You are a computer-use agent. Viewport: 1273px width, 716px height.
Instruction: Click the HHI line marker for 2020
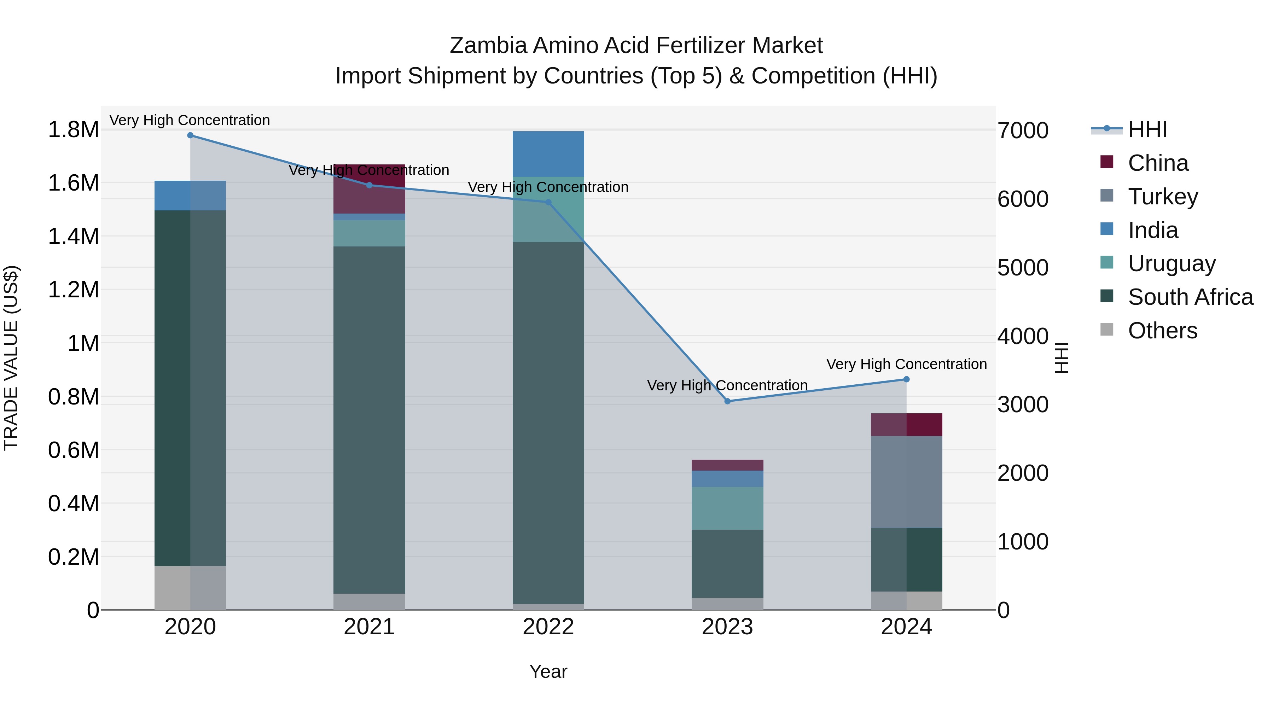[190, 135]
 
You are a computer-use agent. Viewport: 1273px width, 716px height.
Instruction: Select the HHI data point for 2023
[727, 401]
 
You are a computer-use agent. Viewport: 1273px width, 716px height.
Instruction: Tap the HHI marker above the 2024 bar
[906, 379]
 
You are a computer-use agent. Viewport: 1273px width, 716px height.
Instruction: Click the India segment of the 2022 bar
[548, 154]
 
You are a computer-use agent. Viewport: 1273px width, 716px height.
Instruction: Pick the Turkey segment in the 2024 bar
[906, 482]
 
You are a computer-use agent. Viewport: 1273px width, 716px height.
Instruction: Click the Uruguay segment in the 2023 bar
[727, 508]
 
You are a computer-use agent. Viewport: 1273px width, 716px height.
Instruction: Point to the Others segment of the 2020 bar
[190, 588]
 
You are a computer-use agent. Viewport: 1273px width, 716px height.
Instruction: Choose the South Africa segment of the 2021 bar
[369, 420]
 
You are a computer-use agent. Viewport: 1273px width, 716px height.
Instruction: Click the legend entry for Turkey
[1163, 197]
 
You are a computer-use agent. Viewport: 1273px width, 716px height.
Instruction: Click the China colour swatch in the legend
[1107, 162]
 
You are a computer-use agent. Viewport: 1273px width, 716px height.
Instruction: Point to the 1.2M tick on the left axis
[74, 290]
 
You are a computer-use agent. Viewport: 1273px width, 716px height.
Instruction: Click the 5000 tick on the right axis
[1022, 268]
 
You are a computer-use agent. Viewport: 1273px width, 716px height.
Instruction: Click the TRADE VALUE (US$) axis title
[11, 358]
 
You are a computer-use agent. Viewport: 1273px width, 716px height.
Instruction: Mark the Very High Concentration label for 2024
[906, 364]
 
